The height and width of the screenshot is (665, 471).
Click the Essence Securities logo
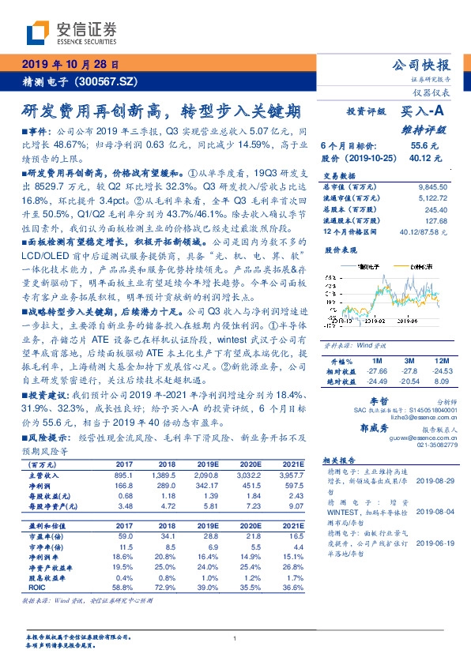tap(71, 34)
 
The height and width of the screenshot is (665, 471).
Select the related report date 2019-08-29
tap(436, 479)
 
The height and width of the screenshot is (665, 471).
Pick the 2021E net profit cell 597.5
tap(293, 487)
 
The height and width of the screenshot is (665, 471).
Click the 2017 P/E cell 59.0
tap(124, 536)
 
